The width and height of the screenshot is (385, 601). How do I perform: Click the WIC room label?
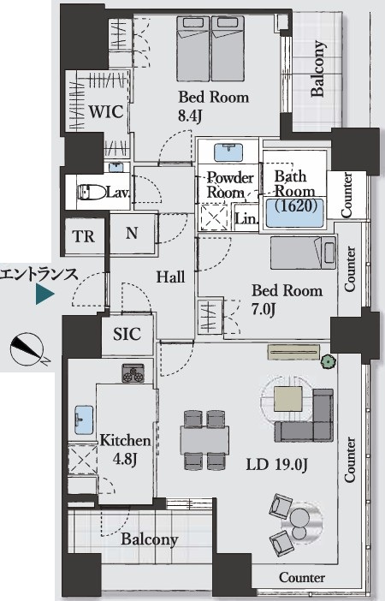106,111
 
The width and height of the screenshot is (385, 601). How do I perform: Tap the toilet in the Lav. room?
92,192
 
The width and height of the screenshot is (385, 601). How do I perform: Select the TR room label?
84,236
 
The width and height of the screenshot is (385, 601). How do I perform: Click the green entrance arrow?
44,295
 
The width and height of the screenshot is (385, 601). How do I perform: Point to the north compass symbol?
27,349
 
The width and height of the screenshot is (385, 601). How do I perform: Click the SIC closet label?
127,334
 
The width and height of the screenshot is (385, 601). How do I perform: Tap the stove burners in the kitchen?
133,373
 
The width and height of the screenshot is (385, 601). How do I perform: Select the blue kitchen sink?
84,420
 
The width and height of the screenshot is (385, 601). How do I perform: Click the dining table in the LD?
204,440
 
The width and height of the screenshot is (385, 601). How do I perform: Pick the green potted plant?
329,361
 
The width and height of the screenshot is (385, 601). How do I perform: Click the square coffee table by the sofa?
287,399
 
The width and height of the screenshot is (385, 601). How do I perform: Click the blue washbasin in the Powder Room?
228,153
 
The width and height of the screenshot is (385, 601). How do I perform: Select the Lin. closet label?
246,218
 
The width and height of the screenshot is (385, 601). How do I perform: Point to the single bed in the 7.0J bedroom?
303,253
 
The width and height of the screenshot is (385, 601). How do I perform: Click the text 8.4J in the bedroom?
190,116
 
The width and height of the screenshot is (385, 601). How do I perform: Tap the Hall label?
170,277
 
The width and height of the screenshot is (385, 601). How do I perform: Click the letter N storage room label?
132,233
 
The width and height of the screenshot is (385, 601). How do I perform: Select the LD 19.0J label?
276,465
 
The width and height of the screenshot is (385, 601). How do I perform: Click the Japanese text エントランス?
38,275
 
